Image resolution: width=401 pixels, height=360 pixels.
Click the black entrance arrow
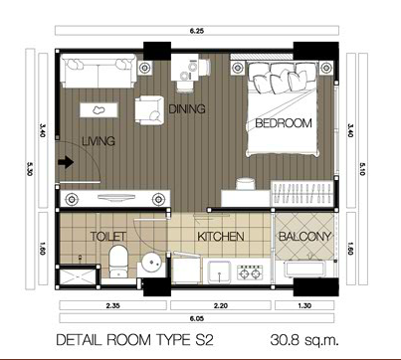tap(66, 162)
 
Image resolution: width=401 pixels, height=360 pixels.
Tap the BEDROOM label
tap(284, 123)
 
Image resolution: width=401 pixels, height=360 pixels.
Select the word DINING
tap(187, 108)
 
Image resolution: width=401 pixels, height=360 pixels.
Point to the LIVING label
tap(99, 141)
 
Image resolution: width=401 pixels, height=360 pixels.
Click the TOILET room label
tap(108, 237)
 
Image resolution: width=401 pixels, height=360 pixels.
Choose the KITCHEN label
tap(221, 237)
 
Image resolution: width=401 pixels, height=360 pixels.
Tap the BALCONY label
tap(304, 237)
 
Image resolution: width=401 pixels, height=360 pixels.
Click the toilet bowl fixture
tap(118, 262)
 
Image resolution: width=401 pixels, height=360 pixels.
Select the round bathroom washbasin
tap(151, 263)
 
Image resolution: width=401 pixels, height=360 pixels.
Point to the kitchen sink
tap(219, 270)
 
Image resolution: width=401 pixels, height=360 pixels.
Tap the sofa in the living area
tap(99, 71)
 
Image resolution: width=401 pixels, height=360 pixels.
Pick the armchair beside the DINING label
tap(149, 110)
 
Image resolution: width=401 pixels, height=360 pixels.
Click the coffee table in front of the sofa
tap(99, 109)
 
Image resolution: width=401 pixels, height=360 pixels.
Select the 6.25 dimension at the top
tap(197, 31)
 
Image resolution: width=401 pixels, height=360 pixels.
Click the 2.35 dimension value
tap(112, 305)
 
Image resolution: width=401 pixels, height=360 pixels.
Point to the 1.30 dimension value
tap(304, 305)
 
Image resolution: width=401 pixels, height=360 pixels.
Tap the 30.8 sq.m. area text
tap(304, 340)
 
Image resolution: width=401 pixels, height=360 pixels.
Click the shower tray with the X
tap(78, 276)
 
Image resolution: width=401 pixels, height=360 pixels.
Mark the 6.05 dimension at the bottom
tap(197, 319)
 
